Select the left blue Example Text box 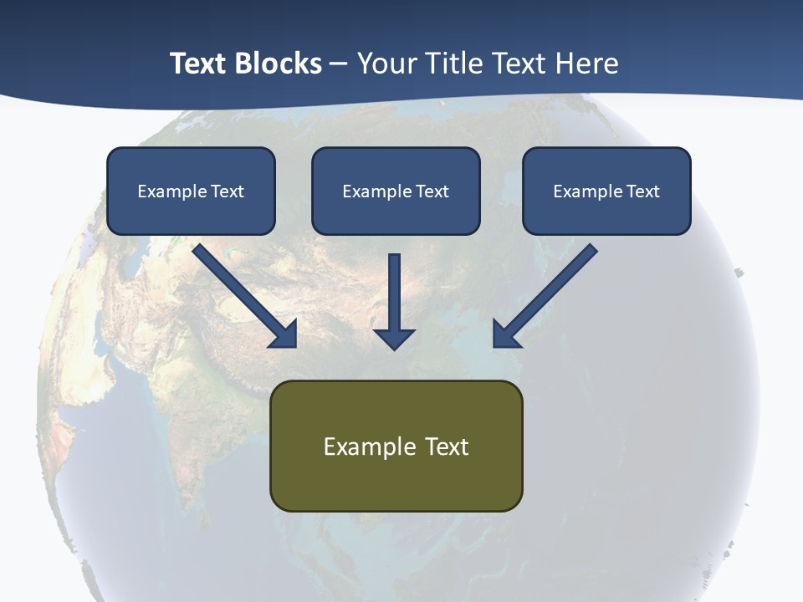(x=191, y=191)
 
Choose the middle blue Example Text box (x=396, y=191)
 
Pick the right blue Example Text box (x=606, y=191)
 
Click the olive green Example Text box (x=396, y=446)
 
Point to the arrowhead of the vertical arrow (x=394, y=338)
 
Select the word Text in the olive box (x=447, y=446)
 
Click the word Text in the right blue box (x=642, y=191)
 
